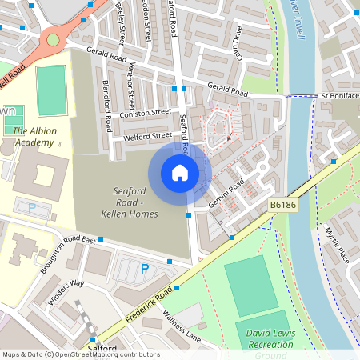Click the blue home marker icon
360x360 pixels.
coord(179,173)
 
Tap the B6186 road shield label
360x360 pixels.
coord(282,206)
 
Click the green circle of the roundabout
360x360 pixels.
coord(53,39)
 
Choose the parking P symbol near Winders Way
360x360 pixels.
coord(144,269)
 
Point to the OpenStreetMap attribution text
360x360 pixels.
coord(80,354)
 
